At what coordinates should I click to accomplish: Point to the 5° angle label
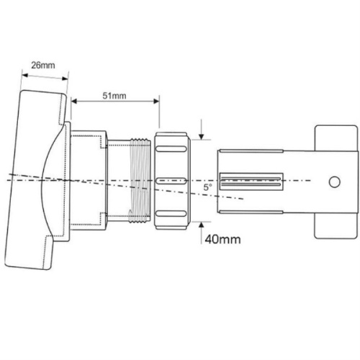pyautogui.click(x=207, y=187)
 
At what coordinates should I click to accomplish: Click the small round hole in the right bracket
pyautogui.click(x=333, y=180)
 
